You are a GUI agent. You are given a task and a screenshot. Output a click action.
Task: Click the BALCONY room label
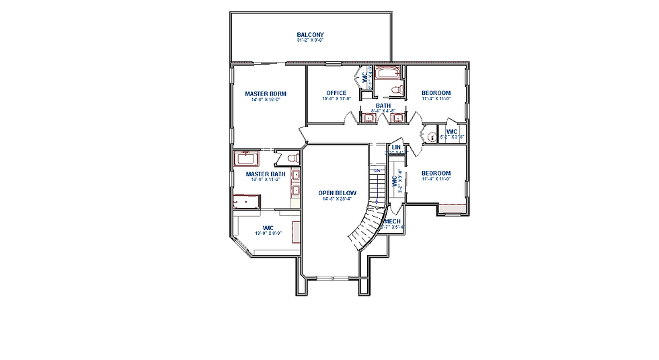(x=310, y=35)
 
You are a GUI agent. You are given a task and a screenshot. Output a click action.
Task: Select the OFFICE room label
(x=336, y=93)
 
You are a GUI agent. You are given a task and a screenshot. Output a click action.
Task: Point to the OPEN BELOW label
(x=338, y=193)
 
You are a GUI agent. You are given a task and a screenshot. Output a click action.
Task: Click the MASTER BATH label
(x=265, y=174)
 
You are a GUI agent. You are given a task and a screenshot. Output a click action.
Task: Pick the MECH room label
(x=393, y=221)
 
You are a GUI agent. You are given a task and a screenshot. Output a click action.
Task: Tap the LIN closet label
(x=396, y=147)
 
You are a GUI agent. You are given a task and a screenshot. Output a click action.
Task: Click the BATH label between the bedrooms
(x=383, y=106)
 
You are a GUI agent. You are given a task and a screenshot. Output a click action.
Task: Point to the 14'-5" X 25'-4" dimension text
(x=338, y=199)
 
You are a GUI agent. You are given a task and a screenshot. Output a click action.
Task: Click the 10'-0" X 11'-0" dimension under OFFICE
(x=336, y=99)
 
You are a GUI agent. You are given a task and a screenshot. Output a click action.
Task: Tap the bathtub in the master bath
(x=246, y=158)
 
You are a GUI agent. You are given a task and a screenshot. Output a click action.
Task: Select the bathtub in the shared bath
(x=387, y=72)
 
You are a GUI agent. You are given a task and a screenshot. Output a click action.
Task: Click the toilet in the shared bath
(x=397, y=89)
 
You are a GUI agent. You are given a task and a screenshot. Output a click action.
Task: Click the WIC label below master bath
(x=268, y=227)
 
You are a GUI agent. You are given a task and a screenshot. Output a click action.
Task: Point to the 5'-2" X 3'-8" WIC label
(x=452, y=137)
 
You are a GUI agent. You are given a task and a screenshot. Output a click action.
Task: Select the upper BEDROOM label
(x=436, y=93)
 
